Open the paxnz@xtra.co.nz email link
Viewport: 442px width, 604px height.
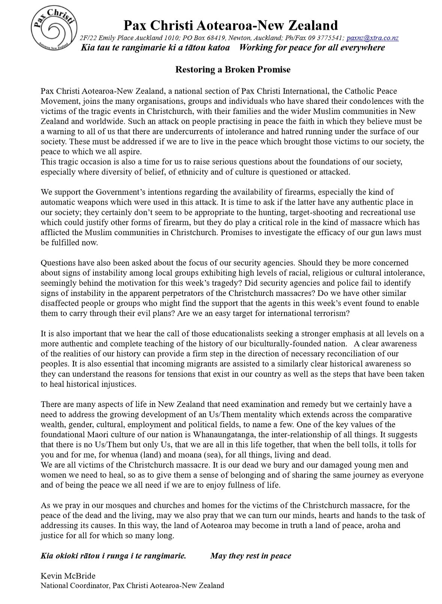(372, 38)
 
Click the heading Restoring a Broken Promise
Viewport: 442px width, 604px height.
(233, 69)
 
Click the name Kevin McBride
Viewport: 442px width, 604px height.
(68, 576)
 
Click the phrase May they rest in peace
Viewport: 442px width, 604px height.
(251, 556)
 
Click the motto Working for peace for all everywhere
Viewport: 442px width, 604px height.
(312, 48)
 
